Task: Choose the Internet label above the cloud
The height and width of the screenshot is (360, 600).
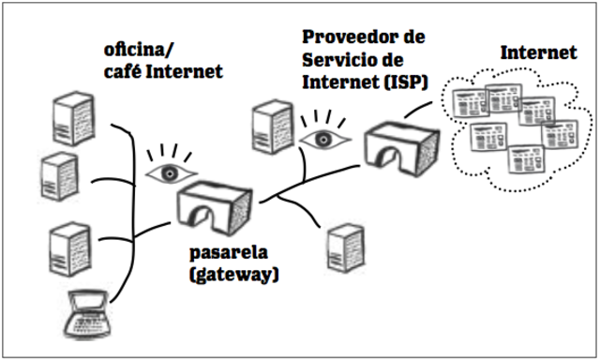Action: point(538,53)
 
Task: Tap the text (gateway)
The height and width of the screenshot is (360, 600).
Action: point(234,276)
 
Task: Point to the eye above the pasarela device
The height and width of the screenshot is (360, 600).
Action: point(168,171)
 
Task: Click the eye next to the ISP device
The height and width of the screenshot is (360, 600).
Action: point(322,139)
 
